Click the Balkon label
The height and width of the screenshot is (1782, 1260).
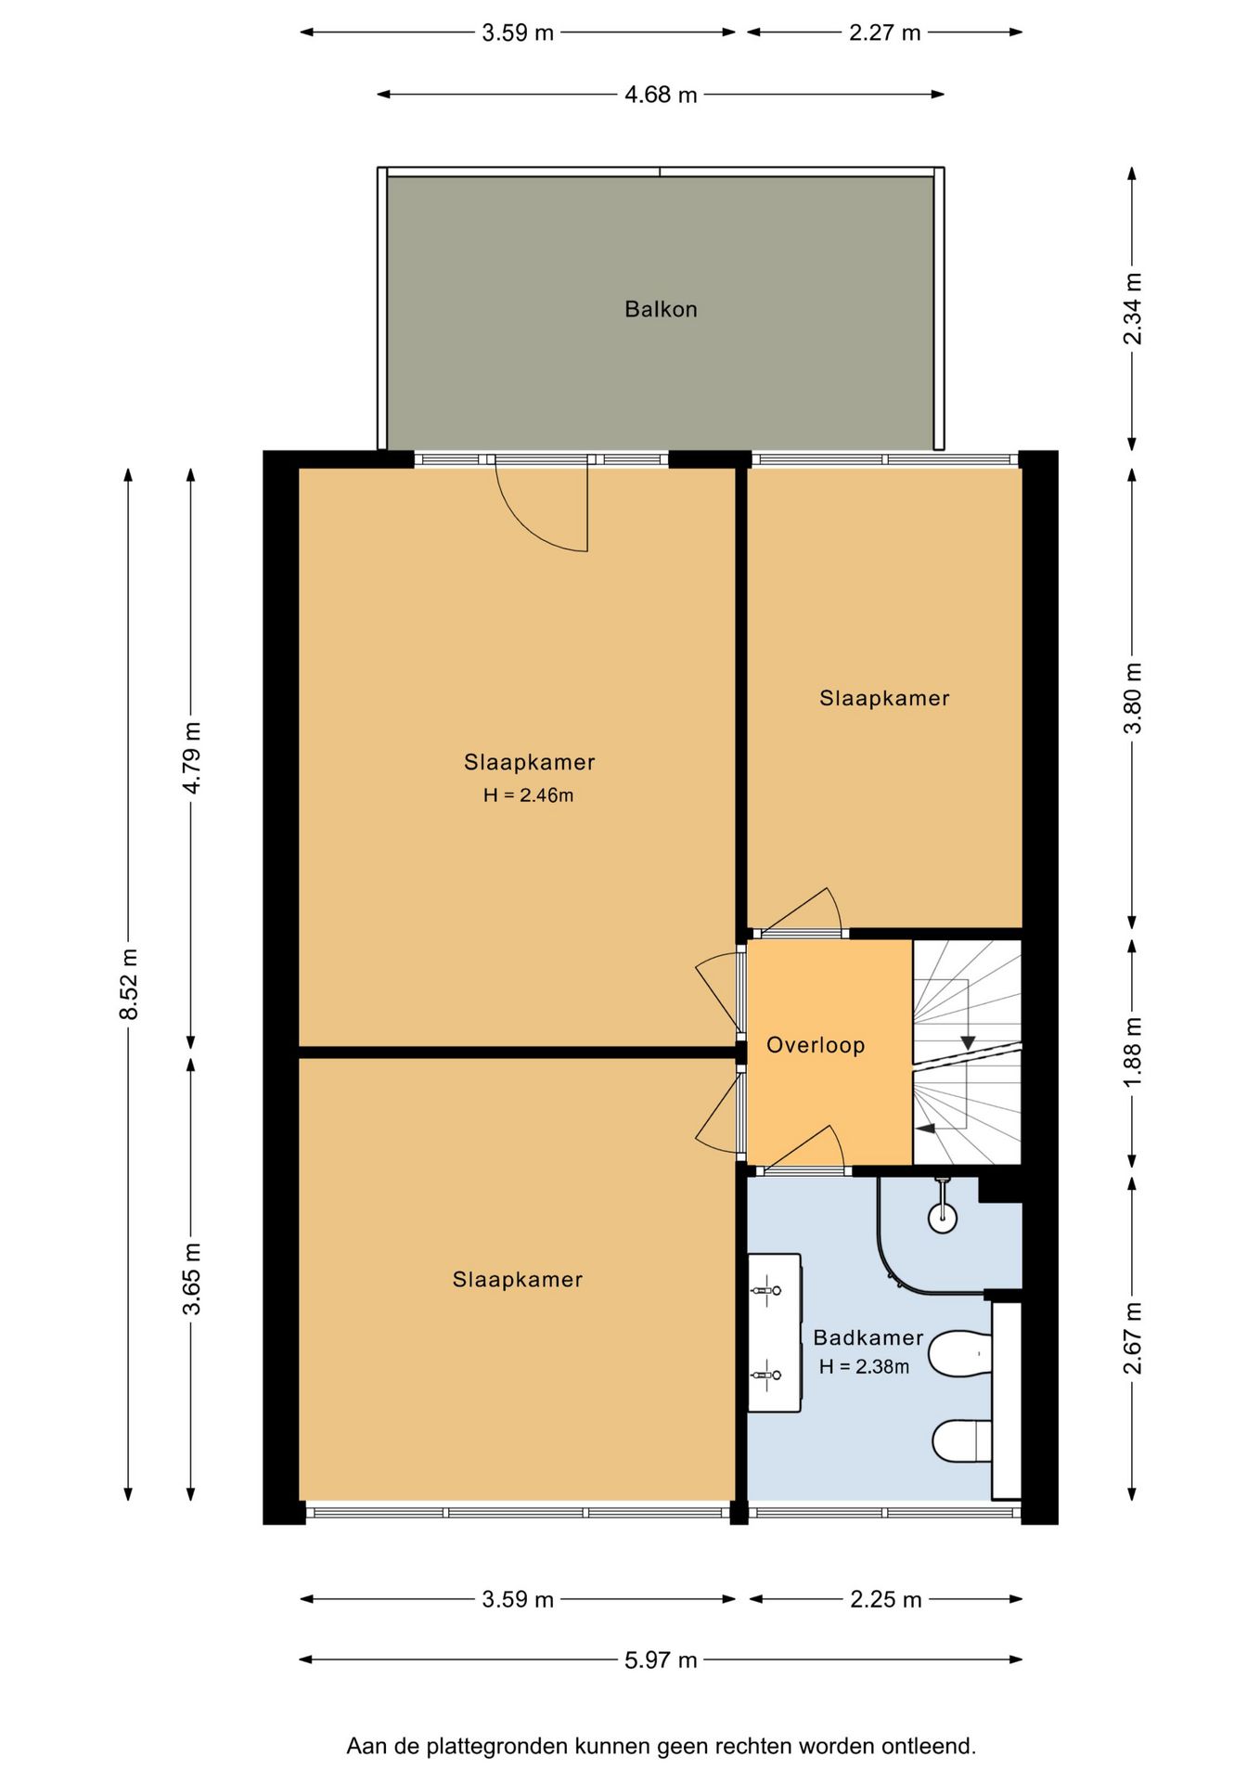coord(661,309)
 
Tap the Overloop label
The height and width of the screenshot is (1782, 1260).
coord(816,1045)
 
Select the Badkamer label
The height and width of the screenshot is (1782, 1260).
coord(868,1337)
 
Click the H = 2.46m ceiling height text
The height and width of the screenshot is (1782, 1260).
coord(528,794)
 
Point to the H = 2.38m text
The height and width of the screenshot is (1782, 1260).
coord(864,1366)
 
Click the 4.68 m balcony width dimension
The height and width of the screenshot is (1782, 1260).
coord(661,95)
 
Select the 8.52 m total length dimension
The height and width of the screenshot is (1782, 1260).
coord(129,984)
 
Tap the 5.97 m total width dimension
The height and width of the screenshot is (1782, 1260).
coord(661,1659)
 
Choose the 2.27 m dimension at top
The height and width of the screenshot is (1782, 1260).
coord(885,32)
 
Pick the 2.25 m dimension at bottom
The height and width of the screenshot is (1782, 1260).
coord(886,1599)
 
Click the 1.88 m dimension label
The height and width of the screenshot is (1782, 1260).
coord(1133,1053)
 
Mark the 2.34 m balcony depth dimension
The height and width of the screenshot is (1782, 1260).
coord(1133,309)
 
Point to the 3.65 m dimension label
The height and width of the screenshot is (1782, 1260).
coord(191,1279)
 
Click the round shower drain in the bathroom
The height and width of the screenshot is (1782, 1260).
coord(943,1218)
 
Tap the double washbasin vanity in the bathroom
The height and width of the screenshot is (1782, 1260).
coord(775,1333)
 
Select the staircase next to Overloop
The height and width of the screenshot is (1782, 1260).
coord(967,1052)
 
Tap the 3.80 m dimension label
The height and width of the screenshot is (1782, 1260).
coord(1133,698)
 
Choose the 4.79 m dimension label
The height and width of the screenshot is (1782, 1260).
coord(191,758)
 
